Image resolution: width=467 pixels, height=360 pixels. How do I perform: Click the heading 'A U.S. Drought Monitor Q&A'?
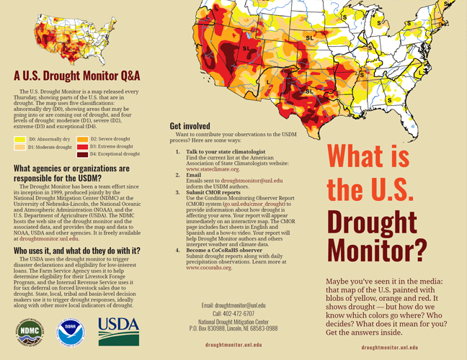pyautogui.click(x=77, y=76)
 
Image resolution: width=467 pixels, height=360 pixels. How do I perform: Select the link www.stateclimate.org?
pyautogui.click(x=213, y=169)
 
